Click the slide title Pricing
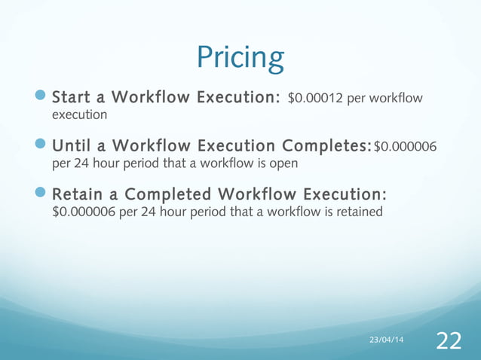(240, 58)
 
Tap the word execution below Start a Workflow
(78, 115)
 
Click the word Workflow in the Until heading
(152, 145)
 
